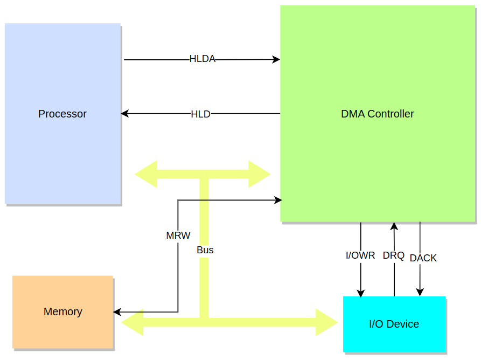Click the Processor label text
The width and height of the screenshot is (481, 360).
coord(62,114)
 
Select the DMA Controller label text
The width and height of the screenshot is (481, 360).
coord(378,114)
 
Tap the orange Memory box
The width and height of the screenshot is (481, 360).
coord(63,312)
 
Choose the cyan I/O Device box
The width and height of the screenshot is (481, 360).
coord(394,324)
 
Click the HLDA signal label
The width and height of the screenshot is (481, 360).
coord(203,59)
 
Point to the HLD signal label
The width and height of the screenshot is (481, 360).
coord(200,114)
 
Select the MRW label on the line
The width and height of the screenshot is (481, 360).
coord(178,236)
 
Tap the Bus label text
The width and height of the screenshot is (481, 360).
coord(205,250)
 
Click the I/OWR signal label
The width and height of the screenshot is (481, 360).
coord(360,255)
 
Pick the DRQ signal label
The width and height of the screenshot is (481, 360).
coord(394,255)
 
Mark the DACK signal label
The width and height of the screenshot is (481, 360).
coord(423,258)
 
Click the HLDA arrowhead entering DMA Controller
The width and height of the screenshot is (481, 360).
coord(276,59)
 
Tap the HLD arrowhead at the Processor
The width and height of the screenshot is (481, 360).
coord(124,114)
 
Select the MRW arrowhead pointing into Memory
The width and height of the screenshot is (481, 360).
coord(117,312)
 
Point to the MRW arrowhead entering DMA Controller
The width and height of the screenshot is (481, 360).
coord(278,200)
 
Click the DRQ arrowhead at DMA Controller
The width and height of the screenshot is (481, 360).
coord(394,226)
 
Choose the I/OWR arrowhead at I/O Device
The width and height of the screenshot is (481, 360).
coord(361,293)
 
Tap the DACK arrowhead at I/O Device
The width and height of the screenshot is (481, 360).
coord(420,292)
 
